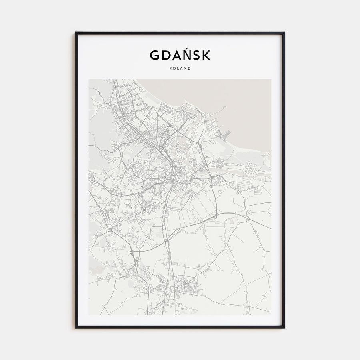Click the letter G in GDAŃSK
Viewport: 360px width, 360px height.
pos(154,55)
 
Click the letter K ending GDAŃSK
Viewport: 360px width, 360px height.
pos(206,55)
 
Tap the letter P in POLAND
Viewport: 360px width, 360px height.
pos(170,68)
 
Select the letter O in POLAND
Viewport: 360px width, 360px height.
pos(174,68)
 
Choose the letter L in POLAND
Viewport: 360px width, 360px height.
pos(178,68)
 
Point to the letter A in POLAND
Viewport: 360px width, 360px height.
pos(182,68)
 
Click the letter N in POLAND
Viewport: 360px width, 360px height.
pos(186,68)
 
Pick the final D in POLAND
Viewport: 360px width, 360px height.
pos(190,68)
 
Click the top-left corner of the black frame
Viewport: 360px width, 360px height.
pos(76,32)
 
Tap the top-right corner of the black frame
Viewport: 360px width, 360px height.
pos(284,32)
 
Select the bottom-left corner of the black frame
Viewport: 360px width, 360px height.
pos(76,328)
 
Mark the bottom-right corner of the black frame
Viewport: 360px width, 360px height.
pos(284,328)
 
